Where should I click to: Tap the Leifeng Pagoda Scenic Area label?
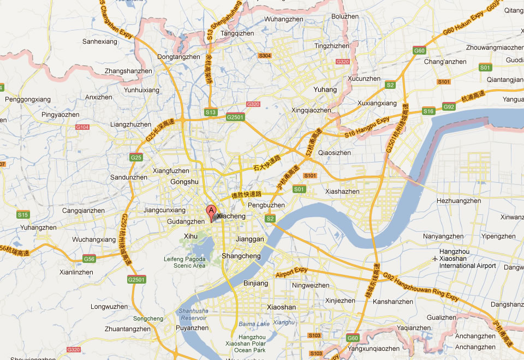(184, 262)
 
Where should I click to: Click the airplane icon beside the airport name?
(434, 258)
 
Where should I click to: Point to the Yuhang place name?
(325, 89)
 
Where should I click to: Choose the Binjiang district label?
(255, 284)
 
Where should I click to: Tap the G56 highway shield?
(89, 259)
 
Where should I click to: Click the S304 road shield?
(265, 56)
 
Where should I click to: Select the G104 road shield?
(82, 127)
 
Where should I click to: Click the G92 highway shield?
(449, 106)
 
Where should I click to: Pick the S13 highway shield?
(211, 112)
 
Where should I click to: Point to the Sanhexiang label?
(99, 41)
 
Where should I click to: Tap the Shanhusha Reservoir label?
(193, 314)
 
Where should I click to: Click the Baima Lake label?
(254, 324)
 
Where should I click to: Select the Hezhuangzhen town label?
(459, 201)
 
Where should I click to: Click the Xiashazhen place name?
(342, 191)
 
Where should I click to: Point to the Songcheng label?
(148, 319)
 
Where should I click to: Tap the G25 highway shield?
(136, 158)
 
